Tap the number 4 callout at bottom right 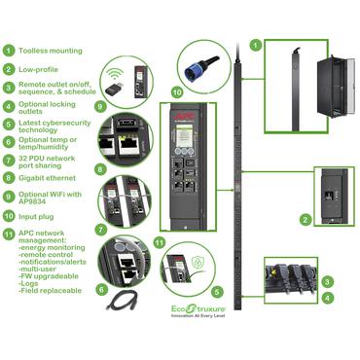[x=328, y=298]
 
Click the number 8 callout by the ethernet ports [x=100, y=168]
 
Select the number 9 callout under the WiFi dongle [x=100, y=105]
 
